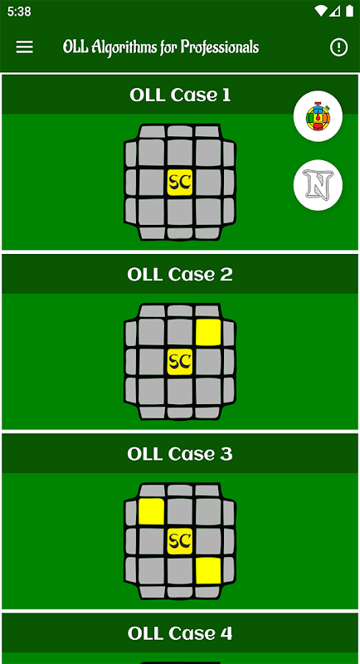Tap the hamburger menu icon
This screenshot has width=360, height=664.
point(25,47)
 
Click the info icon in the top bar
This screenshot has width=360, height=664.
point(338,47)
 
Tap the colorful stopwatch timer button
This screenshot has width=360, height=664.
point(318,116)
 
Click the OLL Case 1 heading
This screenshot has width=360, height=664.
point(180,95)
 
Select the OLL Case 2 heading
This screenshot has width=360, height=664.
point(180,275)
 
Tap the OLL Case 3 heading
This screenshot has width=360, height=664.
point(180,454)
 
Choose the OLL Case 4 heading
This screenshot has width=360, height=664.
point(180,633)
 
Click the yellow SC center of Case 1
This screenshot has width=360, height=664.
point(180,183)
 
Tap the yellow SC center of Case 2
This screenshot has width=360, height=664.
point(180,362)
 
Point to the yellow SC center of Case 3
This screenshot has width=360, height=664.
point(180,541)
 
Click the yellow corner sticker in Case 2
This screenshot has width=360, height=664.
point(208,333)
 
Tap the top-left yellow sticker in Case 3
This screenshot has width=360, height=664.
point(151,512)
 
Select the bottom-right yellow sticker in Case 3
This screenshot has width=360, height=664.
point(208,570)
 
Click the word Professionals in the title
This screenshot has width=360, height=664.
point(220,47)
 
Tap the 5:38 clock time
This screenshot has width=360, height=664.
point(19,12)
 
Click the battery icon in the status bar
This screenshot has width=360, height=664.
point(349,12)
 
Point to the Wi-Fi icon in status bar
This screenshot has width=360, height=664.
point(321,12)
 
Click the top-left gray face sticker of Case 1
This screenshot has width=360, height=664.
point(151,153)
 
